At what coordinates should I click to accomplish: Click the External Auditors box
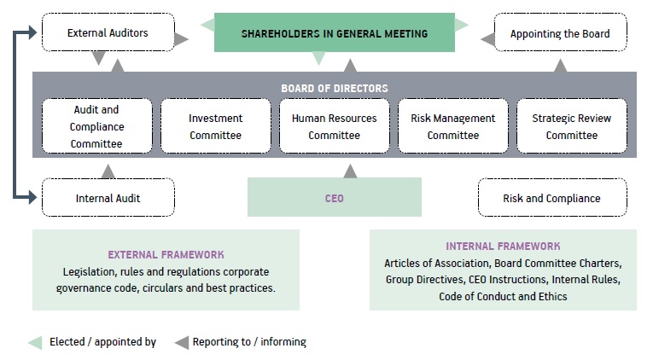108,32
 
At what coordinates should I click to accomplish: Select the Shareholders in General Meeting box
335,32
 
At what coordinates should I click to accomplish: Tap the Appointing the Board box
560,32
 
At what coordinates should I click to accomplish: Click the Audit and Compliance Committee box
97,126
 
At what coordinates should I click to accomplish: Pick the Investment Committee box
216,126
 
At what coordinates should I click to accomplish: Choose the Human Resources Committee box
335,126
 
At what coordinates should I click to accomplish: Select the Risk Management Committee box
453,126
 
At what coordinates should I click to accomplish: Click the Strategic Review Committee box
572,126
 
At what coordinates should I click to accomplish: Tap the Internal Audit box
108,198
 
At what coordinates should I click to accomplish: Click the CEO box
335,197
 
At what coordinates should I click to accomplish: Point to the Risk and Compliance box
552,198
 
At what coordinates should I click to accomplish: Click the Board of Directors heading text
335,88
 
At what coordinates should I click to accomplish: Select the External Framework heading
166,255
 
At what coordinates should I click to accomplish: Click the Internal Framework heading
503,247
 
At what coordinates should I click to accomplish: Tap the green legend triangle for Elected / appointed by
35,343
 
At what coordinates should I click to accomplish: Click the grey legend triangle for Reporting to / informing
182,343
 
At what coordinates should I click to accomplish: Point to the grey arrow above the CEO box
350,171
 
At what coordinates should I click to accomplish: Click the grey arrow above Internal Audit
108,171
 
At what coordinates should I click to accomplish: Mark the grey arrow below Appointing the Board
561,66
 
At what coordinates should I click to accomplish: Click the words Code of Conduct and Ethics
503,296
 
